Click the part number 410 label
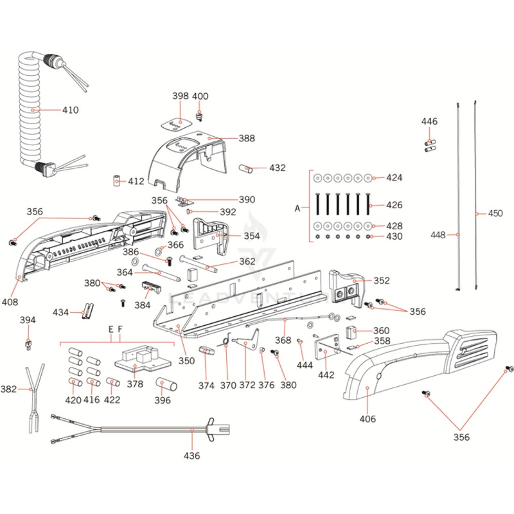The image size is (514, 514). [x=70, y=110]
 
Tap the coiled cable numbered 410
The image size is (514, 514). [x=31, y=109]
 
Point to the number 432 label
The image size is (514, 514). [x=278, y=168]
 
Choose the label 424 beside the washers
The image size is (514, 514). [x=394, y=177]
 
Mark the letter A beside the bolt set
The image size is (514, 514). [x=297, y=208]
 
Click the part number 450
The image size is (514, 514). [x=495, y=213]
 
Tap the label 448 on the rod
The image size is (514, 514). [x=438, y=235]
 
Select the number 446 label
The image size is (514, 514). [x=429, y=121]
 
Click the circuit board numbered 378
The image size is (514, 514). [x=137, y=360]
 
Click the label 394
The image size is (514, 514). [x=28, y=320]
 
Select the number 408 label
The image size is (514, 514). [x=28, y=301]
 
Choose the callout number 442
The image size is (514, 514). [x=326, y=375]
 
